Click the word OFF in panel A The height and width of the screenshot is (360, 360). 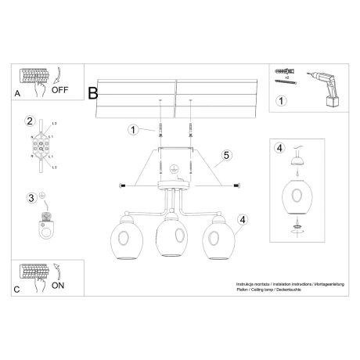(61, 90)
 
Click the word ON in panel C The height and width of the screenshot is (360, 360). (58, 286)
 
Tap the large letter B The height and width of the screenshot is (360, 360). (93, 93)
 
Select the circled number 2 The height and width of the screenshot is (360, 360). (30, 121)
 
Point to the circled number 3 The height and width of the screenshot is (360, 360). (30, 198)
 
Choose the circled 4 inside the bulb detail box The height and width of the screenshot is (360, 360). (279, 148)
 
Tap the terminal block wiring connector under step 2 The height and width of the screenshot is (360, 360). (37, 146)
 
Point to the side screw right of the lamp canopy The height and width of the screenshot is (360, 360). (237, 185)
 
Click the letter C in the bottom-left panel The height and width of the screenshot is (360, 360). (17, 289)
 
